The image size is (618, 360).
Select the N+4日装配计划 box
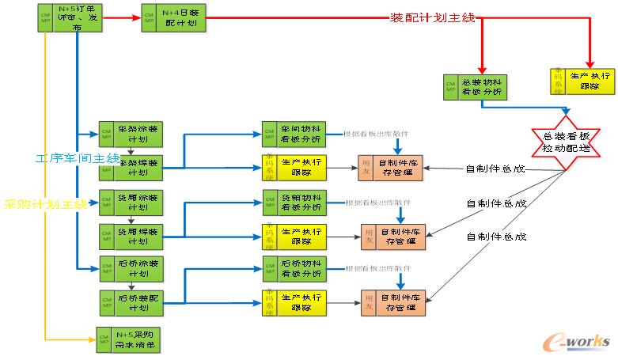(175, 19)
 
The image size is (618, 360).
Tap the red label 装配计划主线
(433, 17)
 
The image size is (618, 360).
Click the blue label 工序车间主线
(77, 158)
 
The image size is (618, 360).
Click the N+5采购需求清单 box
(127, 339)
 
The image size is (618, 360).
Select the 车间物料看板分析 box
(293, 134)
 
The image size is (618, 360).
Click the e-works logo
(578, 339)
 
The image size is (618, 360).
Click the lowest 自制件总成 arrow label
(496, 237)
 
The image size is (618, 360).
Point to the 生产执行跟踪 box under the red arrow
(582, 80)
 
